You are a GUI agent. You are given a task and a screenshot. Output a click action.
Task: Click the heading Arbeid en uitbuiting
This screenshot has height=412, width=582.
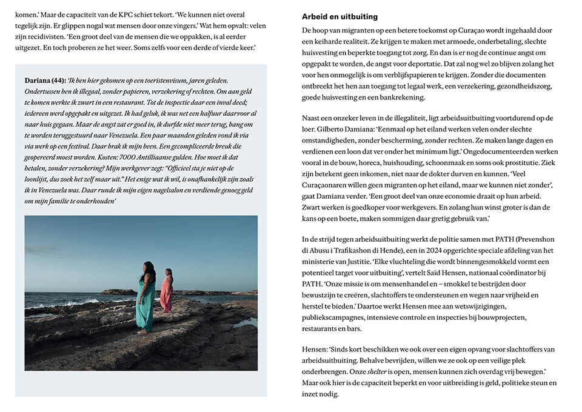click(x=339, y=17)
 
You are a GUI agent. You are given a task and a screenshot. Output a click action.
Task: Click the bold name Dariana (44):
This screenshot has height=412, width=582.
click(x=45, y=80)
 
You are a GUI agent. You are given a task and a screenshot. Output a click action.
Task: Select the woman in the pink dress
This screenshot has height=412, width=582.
click(x=167, y=291)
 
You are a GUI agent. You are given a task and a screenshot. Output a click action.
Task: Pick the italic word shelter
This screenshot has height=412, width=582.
click(x=379, y=371)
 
